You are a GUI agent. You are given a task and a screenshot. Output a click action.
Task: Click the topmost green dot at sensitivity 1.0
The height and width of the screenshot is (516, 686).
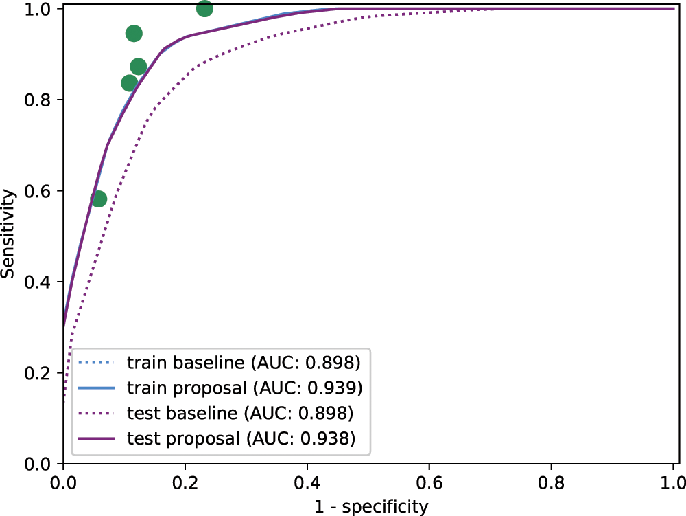204,9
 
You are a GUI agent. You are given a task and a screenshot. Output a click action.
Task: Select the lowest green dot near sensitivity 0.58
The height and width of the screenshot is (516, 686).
99,199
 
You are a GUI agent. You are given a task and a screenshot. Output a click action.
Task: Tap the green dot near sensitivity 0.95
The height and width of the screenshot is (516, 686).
134,34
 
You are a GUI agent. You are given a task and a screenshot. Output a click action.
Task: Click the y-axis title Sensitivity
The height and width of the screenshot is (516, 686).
9,234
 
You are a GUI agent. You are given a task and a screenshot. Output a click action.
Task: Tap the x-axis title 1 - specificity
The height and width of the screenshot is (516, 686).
370,507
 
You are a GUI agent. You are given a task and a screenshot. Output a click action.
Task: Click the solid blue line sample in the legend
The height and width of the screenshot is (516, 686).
95,388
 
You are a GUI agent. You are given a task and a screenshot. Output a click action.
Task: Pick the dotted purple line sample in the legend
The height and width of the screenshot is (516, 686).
95,413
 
